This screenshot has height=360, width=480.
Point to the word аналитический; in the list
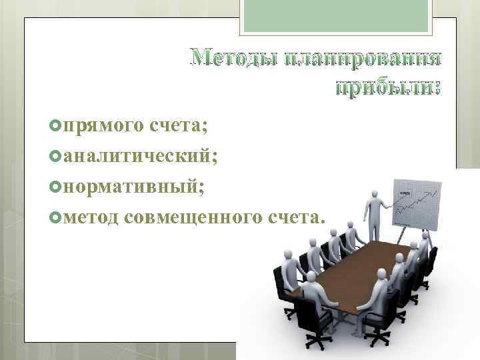(x=138, y=155)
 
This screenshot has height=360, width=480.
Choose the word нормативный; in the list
(x=134, y=187)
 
